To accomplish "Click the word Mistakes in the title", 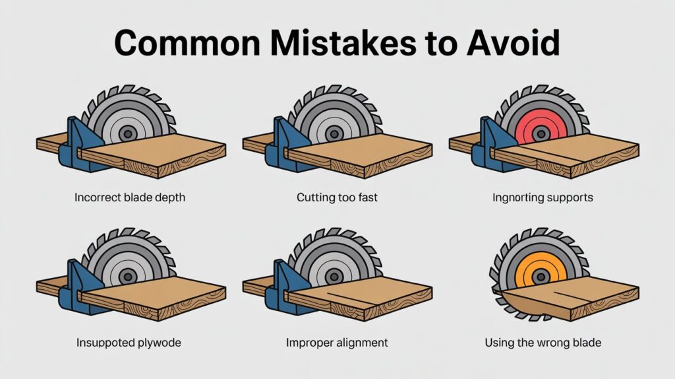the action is pos(343,43).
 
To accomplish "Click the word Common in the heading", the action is pos(187,43).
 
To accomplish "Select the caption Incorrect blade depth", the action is pos(130,197).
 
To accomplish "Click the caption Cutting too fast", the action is pos(337,197).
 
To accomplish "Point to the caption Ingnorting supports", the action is pos(543,197).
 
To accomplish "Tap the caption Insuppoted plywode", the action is pos(129,343).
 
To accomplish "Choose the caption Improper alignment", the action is pos(337,343).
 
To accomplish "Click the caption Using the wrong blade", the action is pos(543,343).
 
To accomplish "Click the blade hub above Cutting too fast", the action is pos(334,133).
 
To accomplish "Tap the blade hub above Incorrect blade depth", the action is pos(128,133).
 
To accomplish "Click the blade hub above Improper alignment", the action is pos(334,277).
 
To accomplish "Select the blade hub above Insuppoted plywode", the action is pos(128,277).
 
